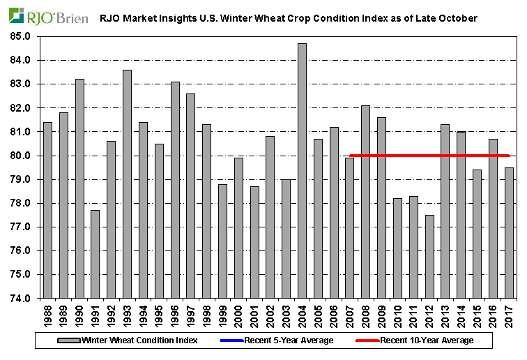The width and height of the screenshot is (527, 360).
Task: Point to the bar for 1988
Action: click(x=47, y=210)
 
